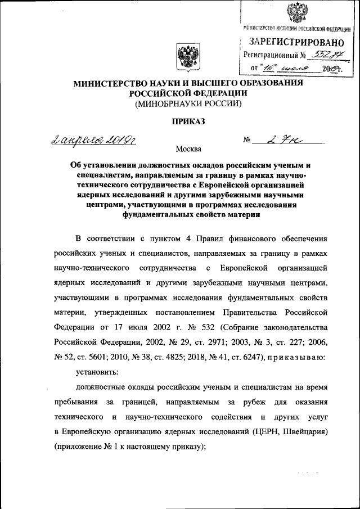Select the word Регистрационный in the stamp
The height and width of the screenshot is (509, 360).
click(270, 55)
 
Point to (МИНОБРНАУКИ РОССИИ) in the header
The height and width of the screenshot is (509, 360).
click(188, 103)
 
